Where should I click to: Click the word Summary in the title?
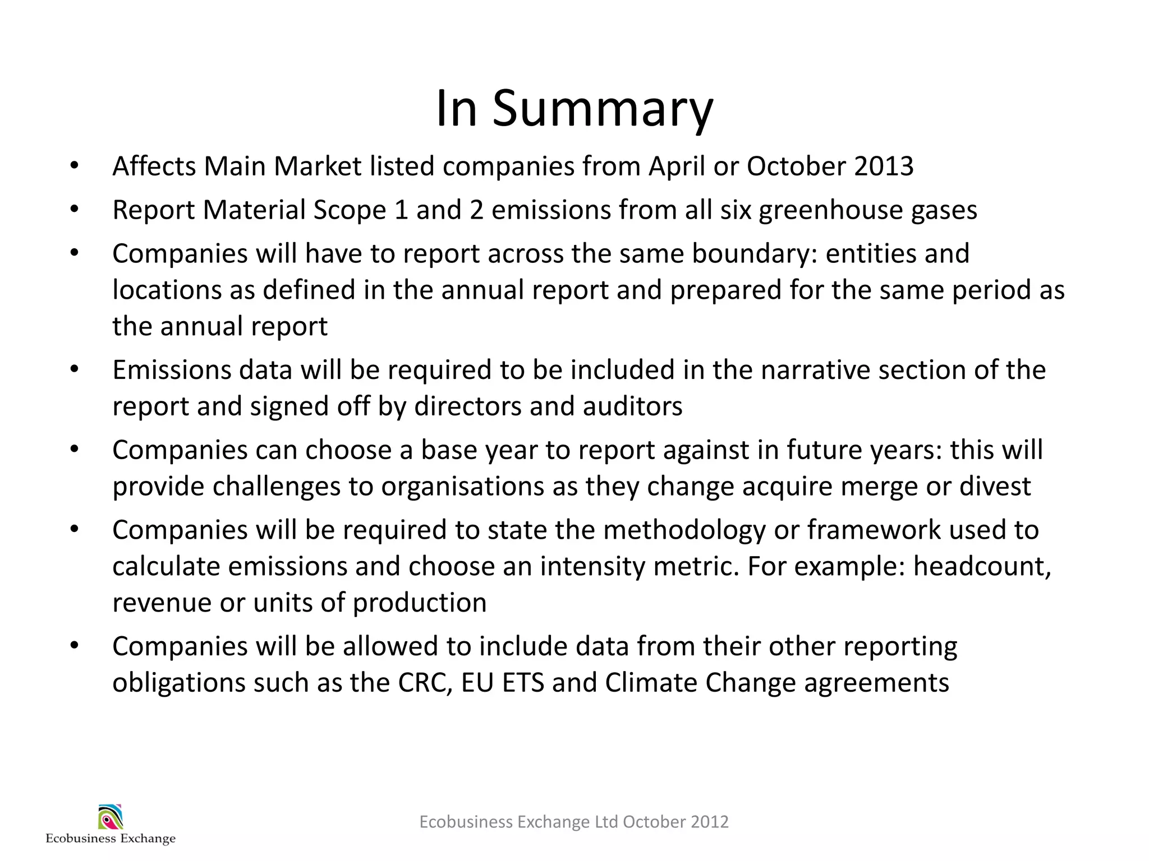[603, 109]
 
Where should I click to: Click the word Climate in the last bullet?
[651, 683]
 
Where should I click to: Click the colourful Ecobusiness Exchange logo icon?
[111, 817]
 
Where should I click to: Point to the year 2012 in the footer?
[710, 822]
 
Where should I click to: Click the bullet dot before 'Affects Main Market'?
[75, 166]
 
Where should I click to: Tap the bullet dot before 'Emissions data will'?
[75, 370]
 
